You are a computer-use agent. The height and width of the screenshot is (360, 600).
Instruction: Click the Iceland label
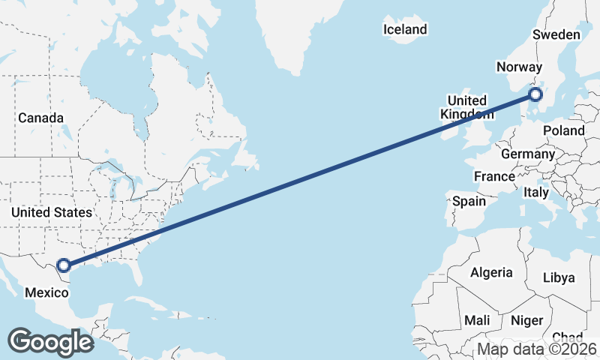click(x=405, y=30)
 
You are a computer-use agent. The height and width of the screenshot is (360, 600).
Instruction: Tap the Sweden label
click(x=556, y=35)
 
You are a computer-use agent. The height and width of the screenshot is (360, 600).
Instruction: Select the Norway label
click(x=519, y=67)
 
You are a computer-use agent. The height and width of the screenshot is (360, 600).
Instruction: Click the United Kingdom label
click(x=466, y=107)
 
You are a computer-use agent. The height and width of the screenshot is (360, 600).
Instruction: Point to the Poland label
click(x=564, y=130)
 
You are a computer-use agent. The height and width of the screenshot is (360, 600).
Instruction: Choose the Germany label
click(x=527, y=153)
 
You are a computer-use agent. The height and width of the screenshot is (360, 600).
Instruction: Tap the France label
click(x=493, y=176)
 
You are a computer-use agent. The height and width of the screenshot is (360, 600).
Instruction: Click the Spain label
click(x=469, y=201)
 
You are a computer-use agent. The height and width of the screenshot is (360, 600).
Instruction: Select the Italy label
click(x=536, y=192)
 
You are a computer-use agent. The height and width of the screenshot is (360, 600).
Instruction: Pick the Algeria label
click(x=491, y=272)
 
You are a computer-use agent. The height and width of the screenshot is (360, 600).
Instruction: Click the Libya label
click(x=559, y=277)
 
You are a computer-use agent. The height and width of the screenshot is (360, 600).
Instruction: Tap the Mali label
click(x=477, y=320)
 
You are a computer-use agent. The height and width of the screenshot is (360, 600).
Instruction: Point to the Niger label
click(x=526, y=320)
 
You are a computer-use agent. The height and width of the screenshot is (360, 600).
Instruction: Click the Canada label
click(x=40, y=118)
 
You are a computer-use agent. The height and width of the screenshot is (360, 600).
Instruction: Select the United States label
click(x=51, y=213)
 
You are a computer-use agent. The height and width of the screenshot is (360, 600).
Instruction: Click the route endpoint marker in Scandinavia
click(x=535, y=94)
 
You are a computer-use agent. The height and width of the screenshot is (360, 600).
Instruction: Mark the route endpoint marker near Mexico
click(x=64, y=265)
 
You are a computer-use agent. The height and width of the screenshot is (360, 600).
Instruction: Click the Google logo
click(x=50, y=342)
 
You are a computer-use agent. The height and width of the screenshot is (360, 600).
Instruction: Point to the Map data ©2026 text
click(x=537, y=349)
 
